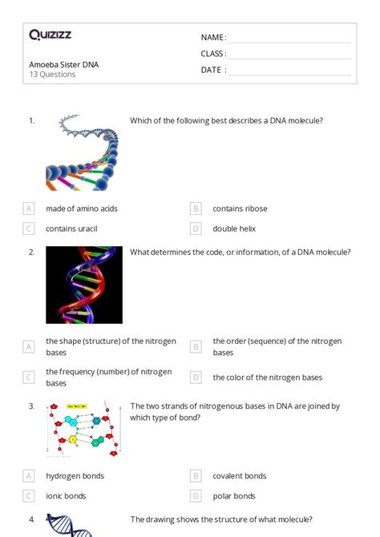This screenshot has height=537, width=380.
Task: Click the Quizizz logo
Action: click(50, 35)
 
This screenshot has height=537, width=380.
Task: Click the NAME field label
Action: click(213, 38)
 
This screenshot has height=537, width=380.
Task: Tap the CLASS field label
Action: click(213, 54)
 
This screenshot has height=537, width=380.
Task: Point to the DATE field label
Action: click(213, 70)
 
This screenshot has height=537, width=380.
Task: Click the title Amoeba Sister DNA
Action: click(64, 64)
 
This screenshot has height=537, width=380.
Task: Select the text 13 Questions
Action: click(53, 75)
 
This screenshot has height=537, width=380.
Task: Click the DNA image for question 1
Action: click(82, 152)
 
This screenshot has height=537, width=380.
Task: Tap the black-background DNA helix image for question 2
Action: click(84, 285)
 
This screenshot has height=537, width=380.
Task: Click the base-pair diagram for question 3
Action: click(84, 430)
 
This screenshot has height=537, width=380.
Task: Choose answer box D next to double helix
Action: click(196, 228)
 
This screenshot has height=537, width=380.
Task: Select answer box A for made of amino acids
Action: click(29, 208)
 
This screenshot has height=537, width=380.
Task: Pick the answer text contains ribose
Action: click(240, 208)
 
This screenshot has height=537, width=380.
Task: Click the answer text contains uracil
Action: click(71, 228)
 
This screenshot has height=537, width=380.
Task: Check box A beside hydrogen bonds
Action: click(29, 476)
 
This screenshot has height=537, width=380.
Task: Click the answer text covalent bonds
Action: click(239, 476)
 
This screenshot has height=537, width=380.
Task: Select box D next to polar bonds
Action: click(196, 496)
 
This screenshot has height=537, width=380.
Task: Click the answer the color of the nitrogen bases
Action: click(267, 378)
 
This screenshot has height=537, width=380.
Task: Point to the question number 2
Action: click(32, 252)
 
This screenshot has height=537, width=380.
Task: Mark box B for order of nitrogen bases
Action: click(196, 347)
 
